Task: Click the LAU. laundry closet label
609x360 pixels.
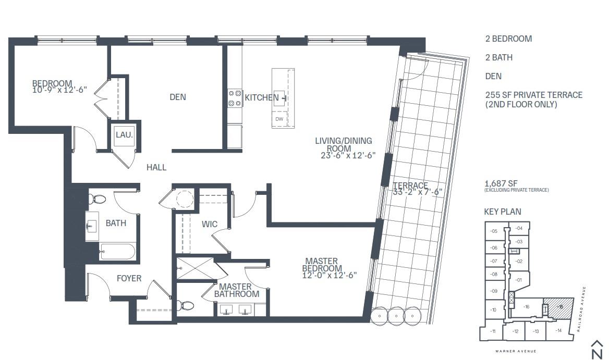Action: click(x=124, y=135)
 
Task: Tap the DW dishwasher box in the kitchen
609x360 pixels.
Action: click(x=279, y=119)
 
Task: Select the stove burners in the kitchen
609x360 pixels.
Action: click(x=235, y=98)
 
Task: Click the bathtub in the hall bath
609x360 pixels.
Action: click(x=117, y=252)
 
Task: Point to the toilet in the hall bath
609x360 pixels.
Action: click(x=96, y=199)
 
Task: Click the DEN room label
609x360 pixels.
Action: click(x=177, y=97)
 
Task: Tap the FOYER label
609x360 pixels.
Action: click(x=129, y=278)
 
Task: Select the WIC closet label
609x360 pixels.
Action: click(x=210, y=224)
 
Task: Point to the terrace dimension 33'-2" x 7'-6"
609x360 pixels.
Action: click(x=417, y=192)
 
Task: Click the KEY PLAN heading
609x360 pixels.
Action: click(x=503, y=212)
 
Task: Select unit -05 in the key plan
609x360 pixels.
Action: click(x=494, y=231)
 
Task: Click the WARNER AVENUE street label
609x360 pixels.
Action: click(x=516, y=351)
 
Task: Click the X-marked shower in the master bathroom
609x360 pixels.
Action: click(x=196, y=269)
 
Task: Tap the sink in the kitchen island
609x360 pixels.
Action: click(x=280, y=97)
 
